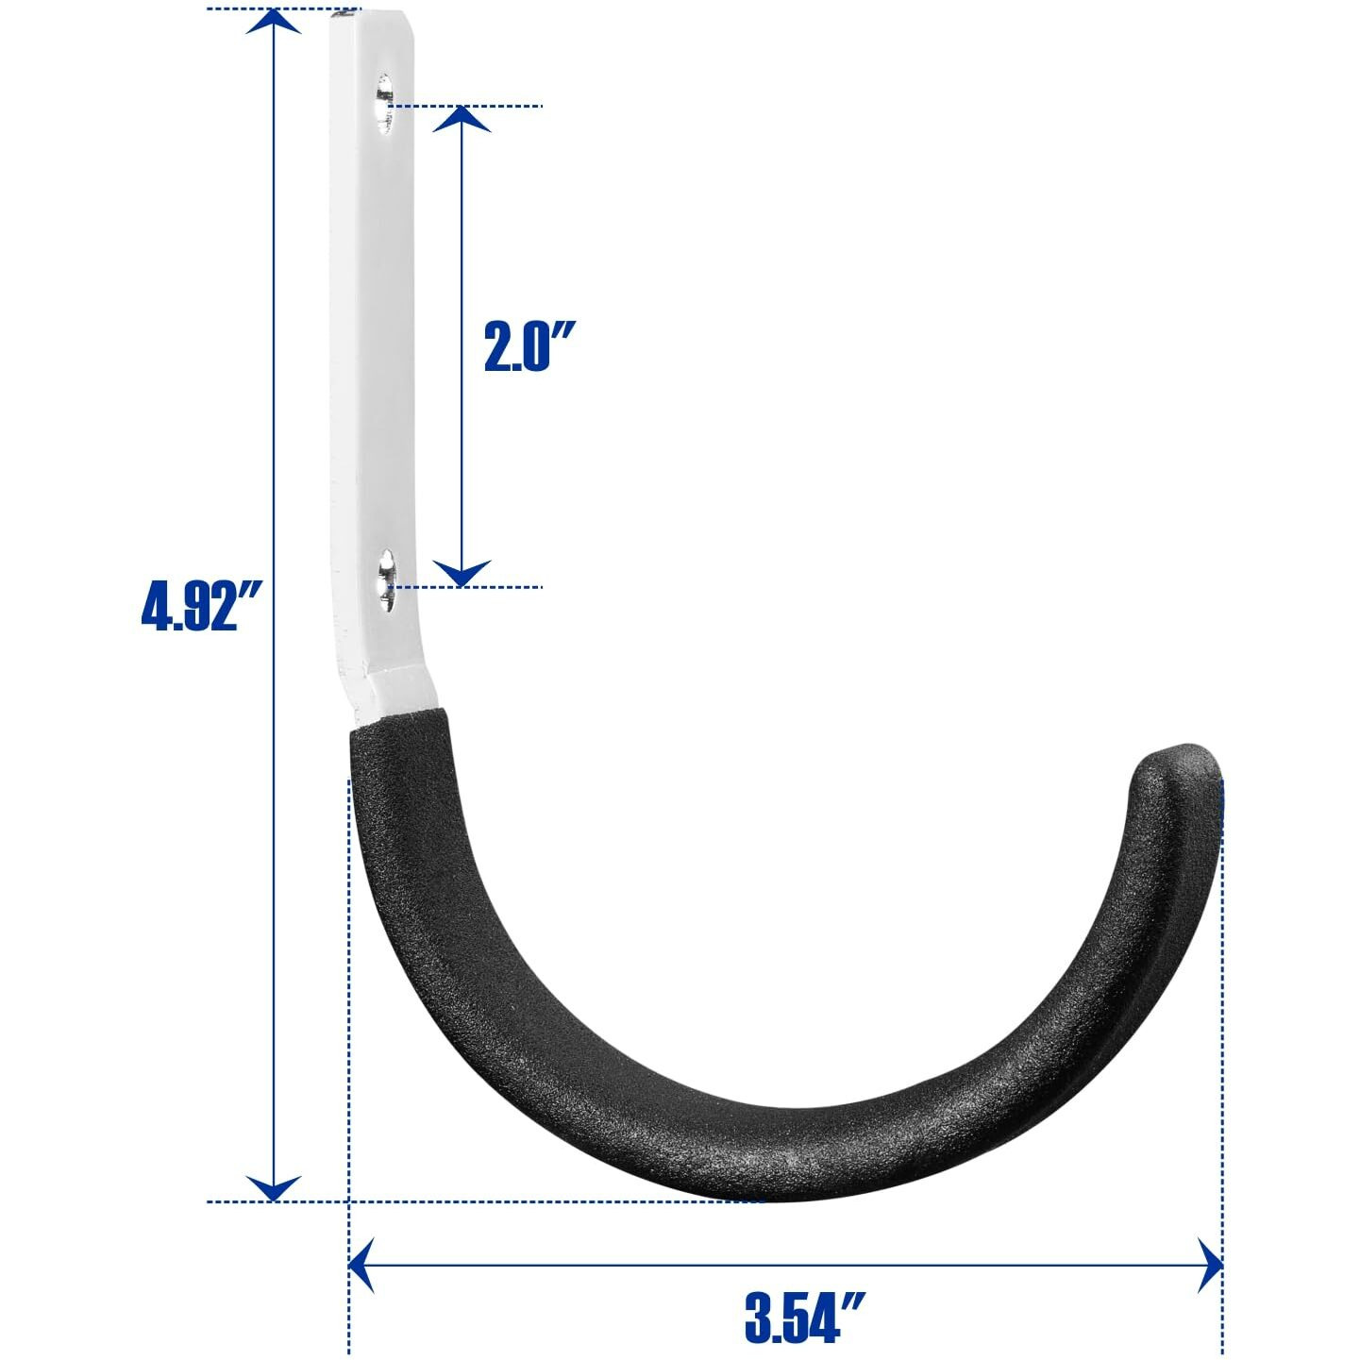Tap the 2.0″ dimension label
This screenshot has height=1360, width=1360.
pos(529,346)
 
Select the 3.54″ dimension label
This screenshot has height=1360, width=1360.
pos(804,1317)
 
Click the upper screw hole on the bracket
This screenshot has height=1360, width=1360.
pos(384,103)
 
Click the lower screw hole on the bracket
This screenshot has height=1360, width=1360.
pos(386,579)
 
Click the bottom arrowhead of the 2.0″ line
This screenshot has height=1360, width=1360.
pos(461,573)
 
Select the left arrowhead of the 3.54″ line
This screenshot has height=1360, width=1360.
pos(361,1266)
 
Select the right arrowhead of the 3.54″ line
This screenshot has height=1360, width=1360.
pos(1210,1266)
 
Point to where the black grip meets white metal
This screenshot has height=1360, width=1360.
pos(395,718)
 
